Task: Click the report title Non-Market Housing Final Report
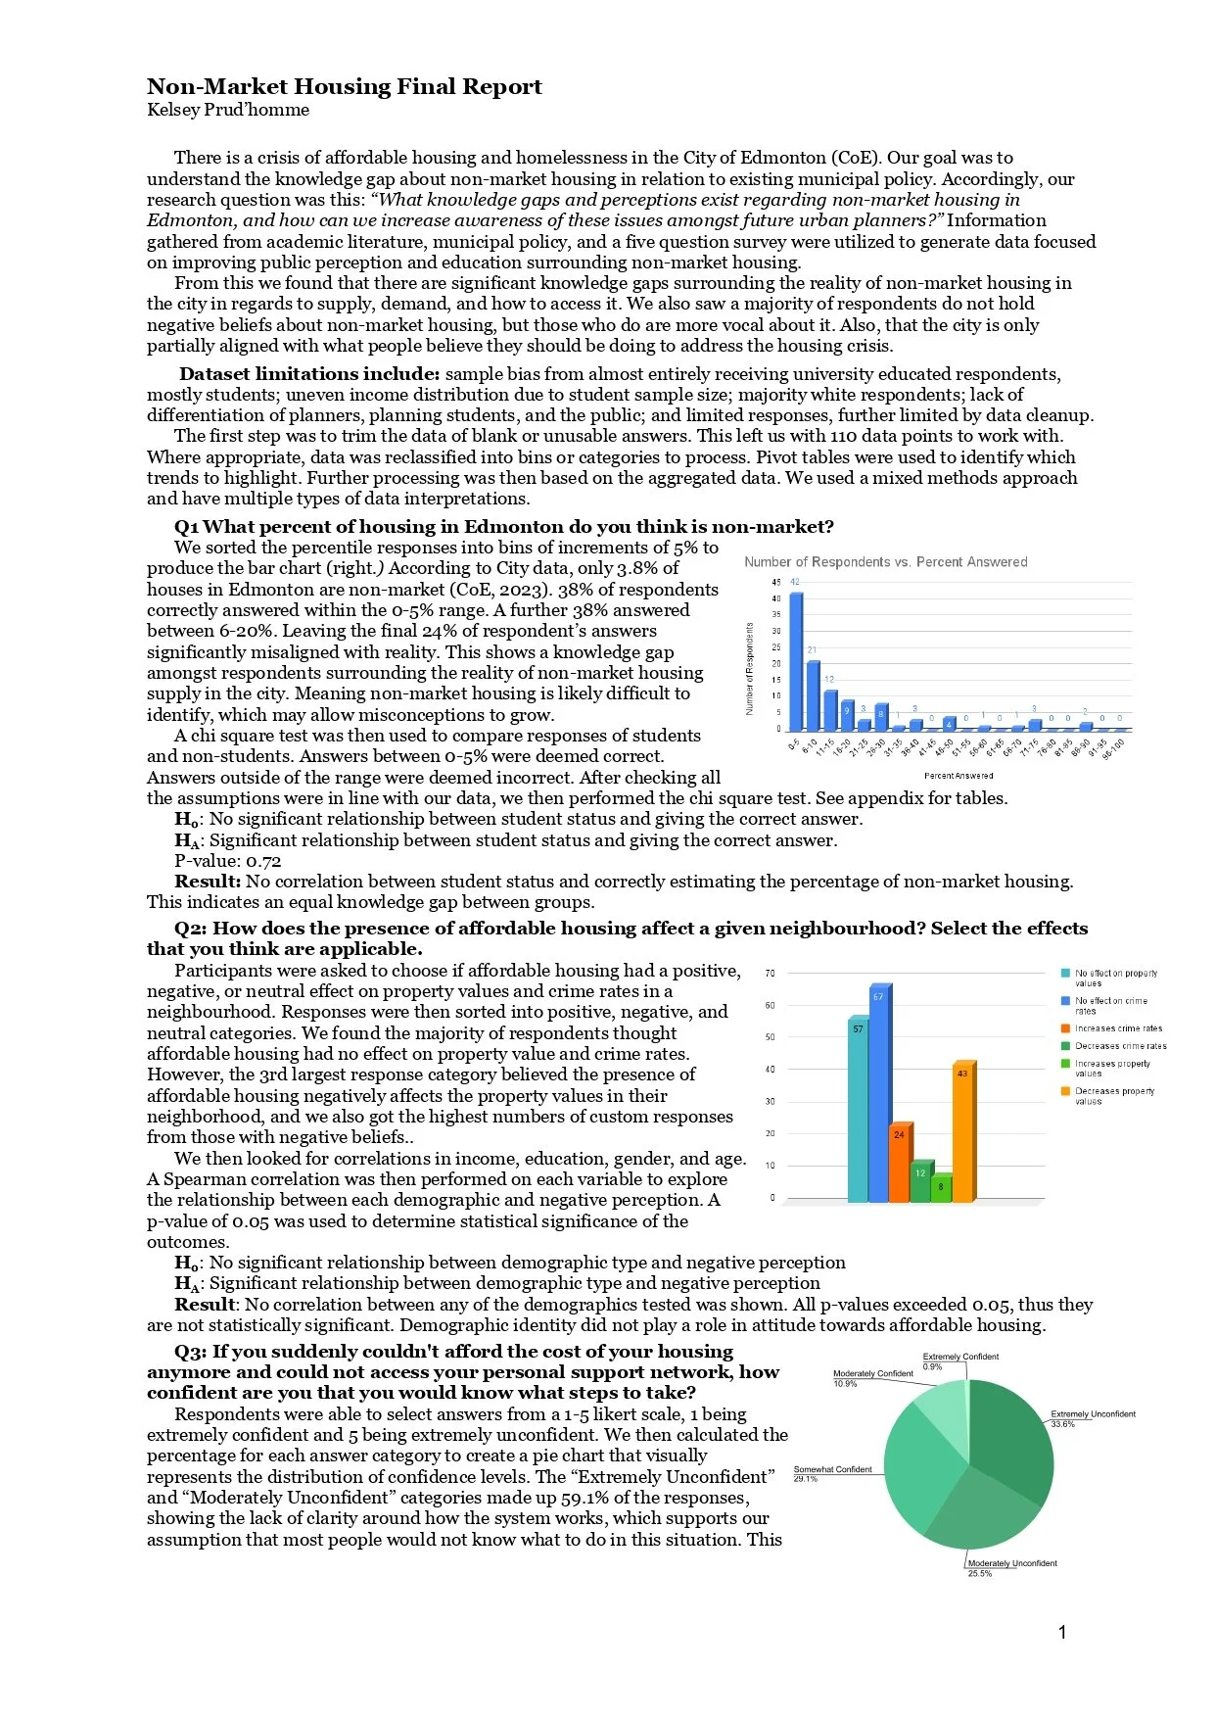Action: pyautogui.click(x=344, y=87)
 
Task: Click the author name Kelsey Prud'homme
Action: pyautogui.click(x=228, y=110)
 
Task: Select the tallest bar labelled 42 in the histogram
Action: pyautogui.click(x=796, y=661)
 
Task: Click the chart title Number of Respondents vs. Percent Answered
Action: pyautogui.click(x=885, y=562)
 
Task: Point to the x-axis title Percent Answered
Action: pyautogui.click(x=958, y=776)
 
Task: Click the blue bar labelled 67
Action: pyautogui.click(x=879, y=1097)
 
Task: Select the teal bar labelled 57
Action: pyautogui.click(x=858, y=1112)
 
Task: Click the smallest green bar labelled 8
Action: pyautogui.click(x=941, y=1188)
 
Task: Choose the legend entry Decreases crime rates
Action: pyautogui.click(x=1120, y=1046)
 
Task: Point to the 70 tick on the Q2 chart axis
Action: pyautogui.click(x=771, y=973)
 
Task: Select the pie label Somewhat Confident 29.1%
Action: pyautogui.click(x=832, y=1473)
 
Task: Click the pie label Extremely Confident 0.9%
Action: pyautogui.click(x=959, y=1361)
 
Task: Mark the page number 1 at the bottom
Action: pyautogui.click(x=1062, y=1632)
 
